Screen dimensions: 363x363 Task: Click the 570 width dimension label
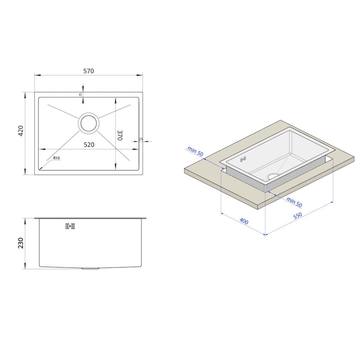89,71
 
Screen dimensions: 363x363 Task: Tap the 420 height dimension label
21,131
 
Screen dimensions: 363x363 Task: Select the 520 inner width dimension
89,145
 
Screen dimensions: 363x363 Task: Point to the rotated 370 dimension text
120,136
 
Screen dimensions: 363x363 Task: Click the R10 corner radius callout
56,158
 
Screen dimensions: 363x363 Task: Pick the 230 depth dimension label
21,243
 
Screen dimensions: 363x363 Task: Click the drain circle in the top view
88,123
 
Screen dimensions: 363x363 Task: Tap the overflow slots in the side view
70,226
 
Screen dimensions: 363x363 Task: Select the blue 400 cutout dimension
244,221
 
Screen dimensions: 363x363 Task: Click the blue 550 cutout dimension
298,215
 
